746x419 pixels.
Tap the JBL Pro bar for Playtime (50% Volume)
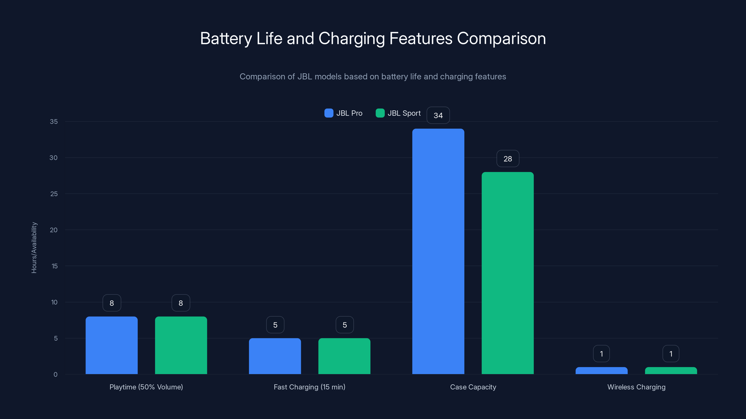click(x=111, y=345)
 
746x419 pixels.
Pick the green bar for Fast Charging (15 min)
click(x=344, y=356)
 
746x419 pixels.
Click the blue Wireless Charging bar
click(x=601, y=371)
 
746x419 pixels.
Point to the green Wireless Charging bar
click(x=671, y=371)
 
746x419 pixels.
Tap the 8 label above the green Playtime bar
click(x=181, y=303)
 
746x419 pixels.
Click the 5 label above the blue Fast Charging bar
click(x=275, y=325)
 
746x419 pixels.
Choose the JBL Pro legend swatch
click(x=329, y=113)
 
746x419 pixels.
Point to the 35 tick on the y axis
click(x=54, y=122)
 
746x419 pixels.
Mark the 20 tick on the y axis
click(x=54, y=230)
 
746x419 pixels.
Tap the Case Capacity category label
click(x=473, y=387)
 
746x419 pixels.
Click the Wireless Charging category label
click(x=636, y=387)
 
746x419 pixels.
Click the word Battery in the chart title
click(x=226, y=38)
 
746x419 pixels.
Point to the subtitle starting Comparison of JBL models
click(x=373, y=77)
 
